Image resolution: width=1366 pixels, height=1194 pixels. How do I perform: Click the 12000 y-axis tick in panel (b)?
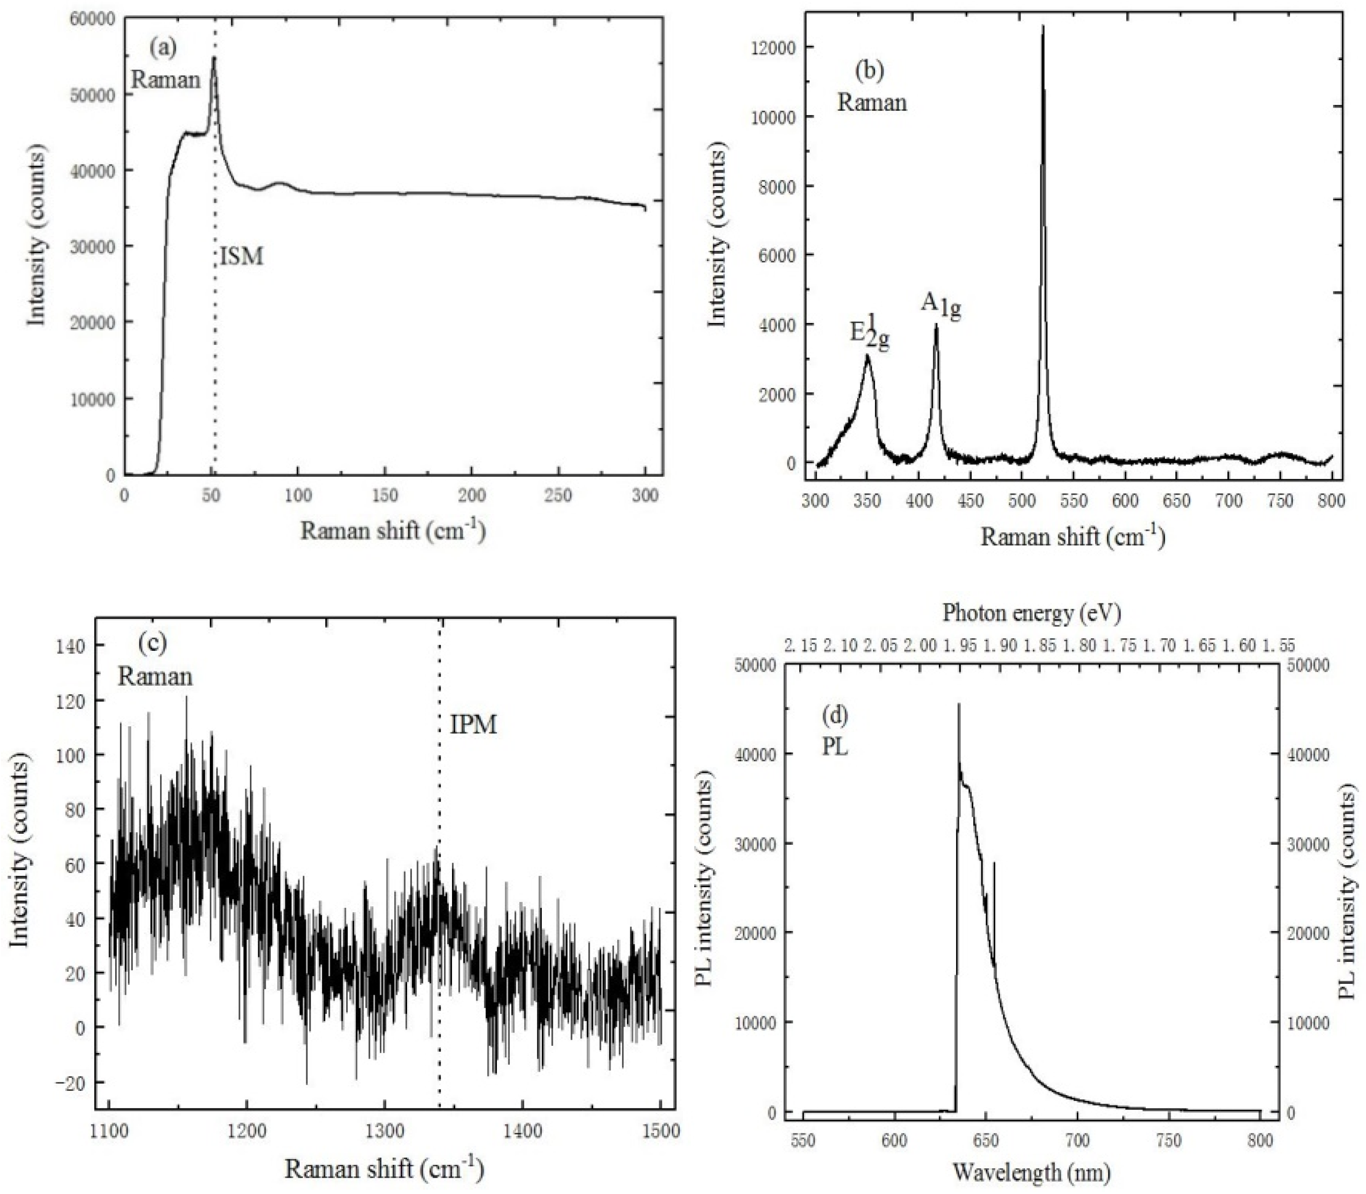coord(778,47)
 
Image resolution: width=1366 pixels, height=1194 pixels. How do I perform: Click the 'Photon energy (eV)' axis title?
coord(1031,613)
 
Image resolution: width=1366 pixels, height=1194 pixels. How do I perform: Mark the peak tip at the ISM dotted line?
coord(214,58)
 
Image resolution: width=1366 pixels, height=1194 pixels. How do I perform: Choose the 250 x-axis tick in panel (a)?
coord(559,495)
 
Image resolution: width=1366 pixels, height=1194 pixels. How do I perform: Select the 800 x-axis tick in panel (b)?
coord(1331,500)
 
